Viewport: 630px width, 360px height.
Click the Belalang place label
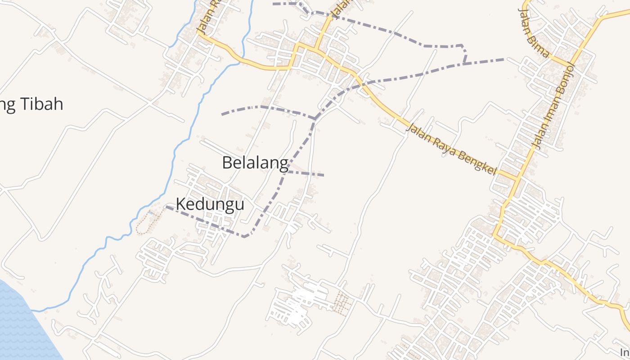click(255, 162)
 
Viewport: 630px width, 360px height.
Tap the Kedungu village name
click(210, 204)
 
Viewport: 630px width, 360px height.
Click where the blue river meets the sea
click(32, 310)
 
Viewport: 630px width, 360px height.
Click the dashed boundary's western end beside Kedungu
click(167, 207)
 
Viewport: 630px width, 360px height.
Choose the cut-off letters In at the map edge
click(625, 351)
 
